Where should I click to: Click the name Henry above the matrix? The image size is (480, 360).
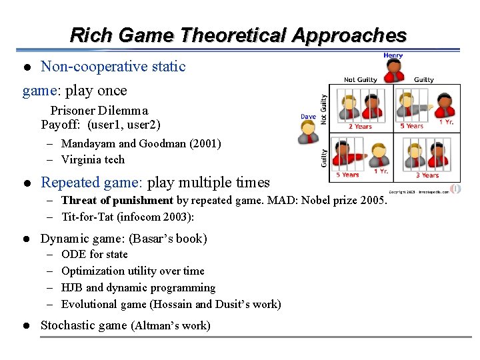click(x=393, y=55)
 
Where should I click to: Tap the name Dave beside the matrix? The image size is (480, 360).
click(x=308, y=117)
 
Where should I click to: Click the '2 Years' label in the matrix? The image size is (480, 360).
click(x=360, y=126)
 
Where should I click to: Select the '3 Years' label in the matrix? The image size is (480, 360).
click(x=427, y=175)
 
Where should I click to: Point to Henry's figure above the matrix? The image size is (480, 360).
click(x=394, y=70)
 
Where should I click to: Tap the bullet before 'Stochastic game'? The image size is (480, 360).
click(x=27, y=326)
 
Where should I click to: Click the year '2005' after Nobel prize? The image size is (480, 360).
click(x=373, y=200)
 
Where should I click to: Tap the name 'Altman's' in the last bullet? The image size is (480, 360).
click(x=156, y=326)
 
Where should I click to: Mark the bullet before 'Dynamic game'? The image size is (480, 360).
click(x=27, y=239)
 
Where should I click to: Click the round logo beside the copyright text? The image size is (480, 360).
click(x=456, y=189)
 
